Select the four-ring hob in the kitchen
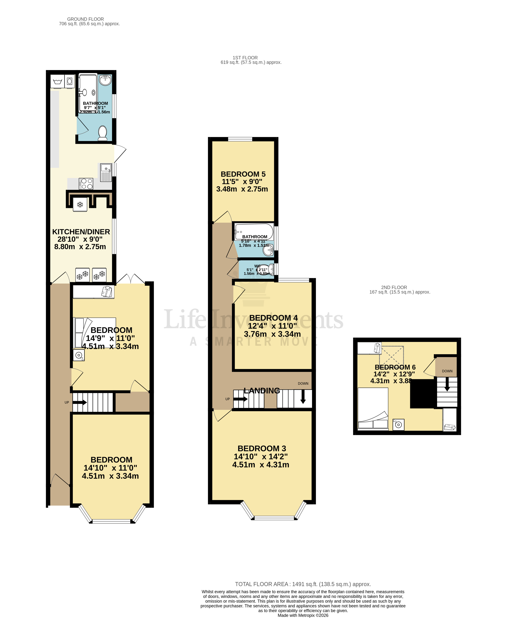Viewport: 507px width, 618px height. (86, 184)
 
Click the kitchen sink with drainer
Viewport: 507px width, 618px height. (106, 172)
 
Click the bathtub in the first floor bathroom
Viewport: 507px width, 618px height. (254, 231)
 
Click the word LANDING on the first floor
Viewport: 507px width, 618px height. (262, 391)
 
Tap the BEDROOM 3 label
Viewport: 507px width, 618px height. (262, 448)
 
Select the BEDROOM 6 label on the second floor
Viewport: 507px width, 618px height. (395, 367)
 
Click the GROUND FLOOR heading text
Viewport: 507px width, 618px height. (85, 19)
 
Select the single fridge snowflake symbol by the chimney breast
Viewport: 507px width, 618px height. (80, 205)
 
